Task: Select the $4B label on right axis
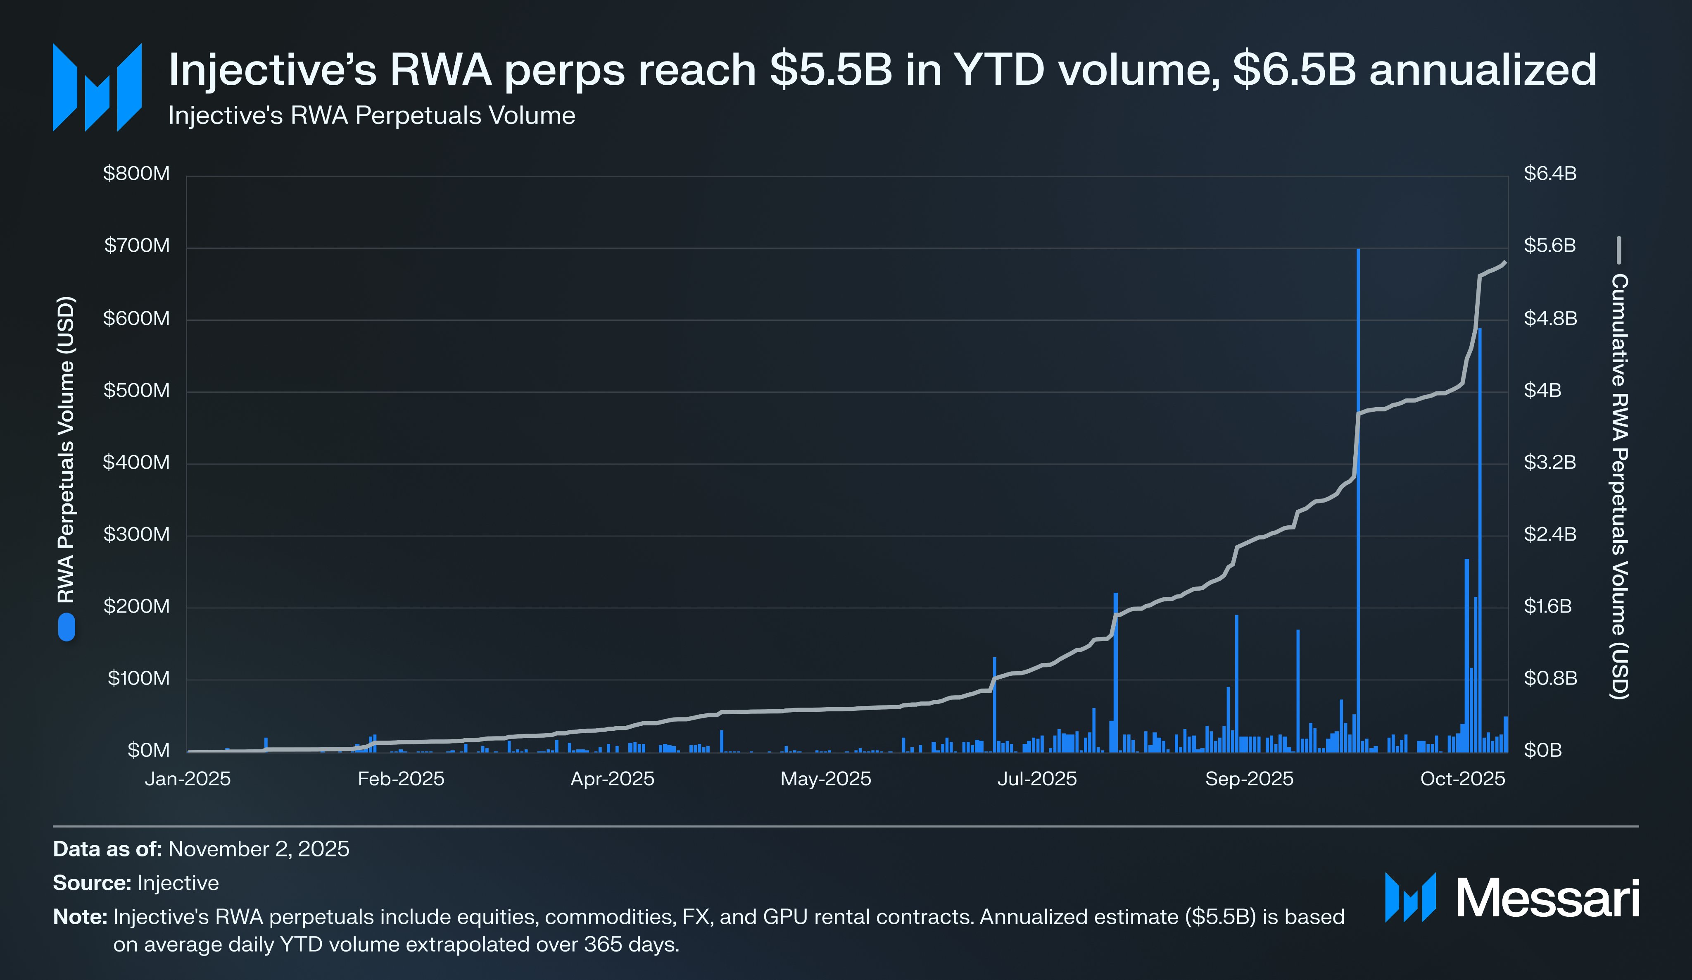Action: (x=1542, y=390)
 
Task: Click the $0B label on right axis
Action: (x=1542, y=750)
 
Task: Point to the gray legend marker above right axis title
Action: (x=1619, y=250)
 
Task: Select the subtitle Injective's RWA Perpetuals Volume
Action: (x=371, y=116)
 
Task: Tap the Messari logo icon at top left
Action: (x=97, y=87)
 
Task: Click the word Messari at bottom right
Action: (x=1547, y=898)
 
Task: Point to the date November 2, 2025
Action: (x=259, y=849)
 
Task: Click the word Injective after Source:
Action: (x=178, y=882)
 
